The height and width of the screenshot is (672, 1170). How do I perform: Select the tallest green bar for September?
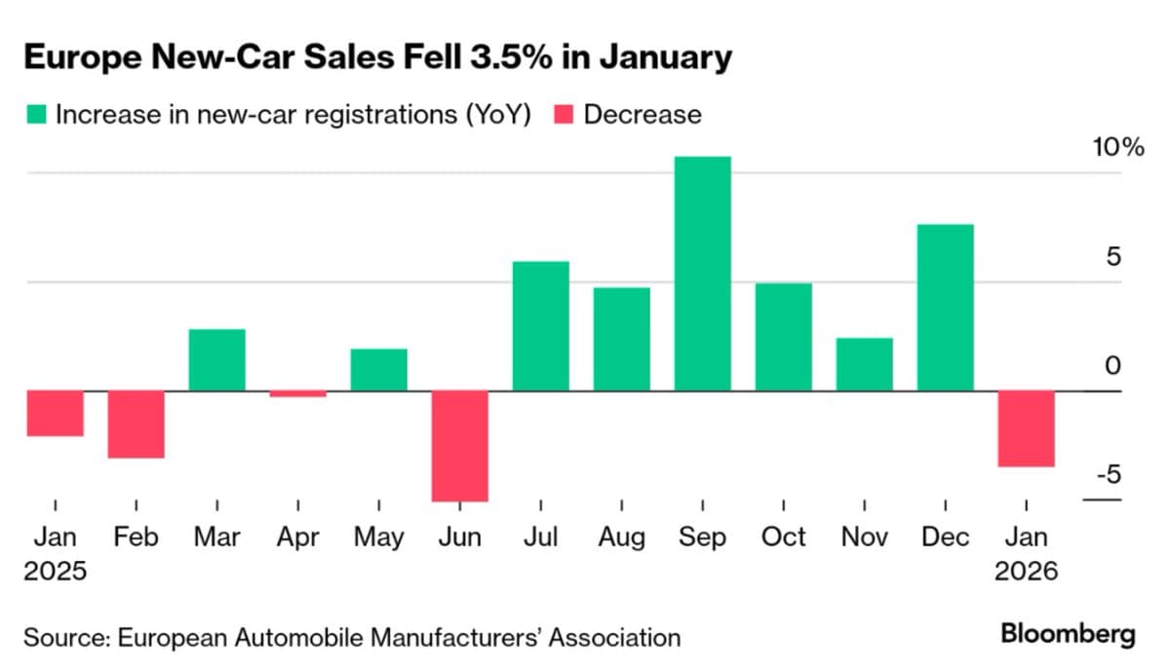click(x=702, y=274)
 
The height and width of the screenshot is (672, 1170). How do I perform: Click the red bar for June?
click(x=459, y=446)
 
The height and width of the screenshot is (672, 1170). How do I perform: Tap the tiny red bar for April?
click(x=297, y=394)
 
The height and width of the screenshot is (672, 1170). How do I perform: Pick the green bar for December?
click(x=945, y=308)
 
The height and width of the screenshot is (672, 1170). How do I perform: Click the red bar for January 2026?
click(x=1026, y=429)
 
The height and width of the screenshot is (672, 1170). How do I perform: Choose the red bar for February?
click(x=136, y=424)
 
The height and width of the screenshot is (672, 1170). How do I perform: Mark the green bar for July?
click(x=540, y=326)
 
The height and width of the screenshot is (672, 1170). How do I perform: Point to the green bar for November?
click(x=864, y=364)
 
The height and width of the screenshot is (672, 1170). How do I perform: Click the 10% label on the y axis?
click(x=1116, y=148)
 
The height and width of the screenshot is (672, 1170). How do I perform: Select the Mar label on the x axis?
click(x=216, y=538)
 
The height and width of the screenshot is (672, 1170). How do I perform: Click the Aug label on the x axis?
click(x=621, y=538)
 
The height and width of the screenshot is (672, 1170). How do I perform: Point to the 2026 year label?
click(x=1026, y=571)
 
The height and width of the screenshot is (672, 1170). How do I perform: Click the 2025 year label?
click(x=55, y=571)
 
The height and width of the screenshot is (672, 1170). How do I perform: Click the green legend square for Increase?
click(x=35, y=115)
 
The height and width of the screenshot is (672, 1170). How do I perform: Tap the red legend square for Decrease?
click(x=563, y=115)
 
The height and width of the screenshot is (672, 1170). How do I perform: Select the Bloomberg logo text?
click(x=1068, y=635)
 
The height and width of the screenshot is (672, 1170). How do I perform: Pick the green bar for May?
click(x=378, y=370)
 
